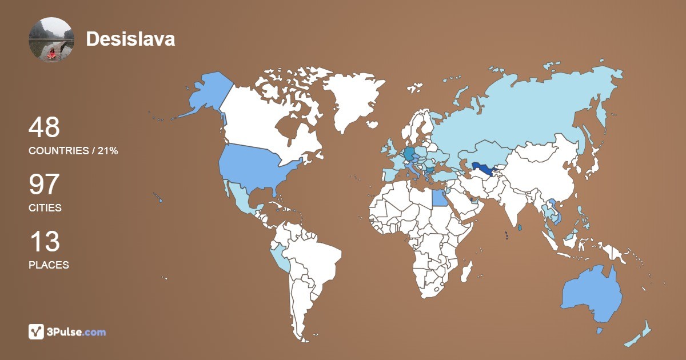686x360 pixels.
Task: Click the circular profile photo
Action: (x=51, y=39)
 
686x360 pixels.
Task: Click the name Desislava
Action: (x=130, y=39)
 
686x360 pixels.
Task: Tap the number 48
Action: (x=44, y=127)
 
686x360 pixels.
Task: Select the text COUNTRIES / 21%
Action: (x=73, y=150)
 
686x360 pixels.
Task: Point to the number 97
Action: (x=44, y=185)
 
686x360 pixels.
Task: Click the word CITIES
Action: (x=45, y=208)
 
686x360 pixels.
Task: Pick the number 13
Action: (x=44, y=242)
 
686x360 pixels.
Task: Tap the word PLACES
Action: (x=49, y=265)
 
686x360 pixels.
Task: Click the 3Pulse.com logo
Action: (x=67, y=331)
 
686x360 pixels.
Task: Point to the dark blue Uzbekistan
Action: (x=484, y=167)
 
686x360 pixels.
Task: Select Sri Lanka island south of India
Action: (x=519, y=228)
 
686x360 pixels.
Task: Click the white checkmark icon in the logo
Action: (x=36, y=331)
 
